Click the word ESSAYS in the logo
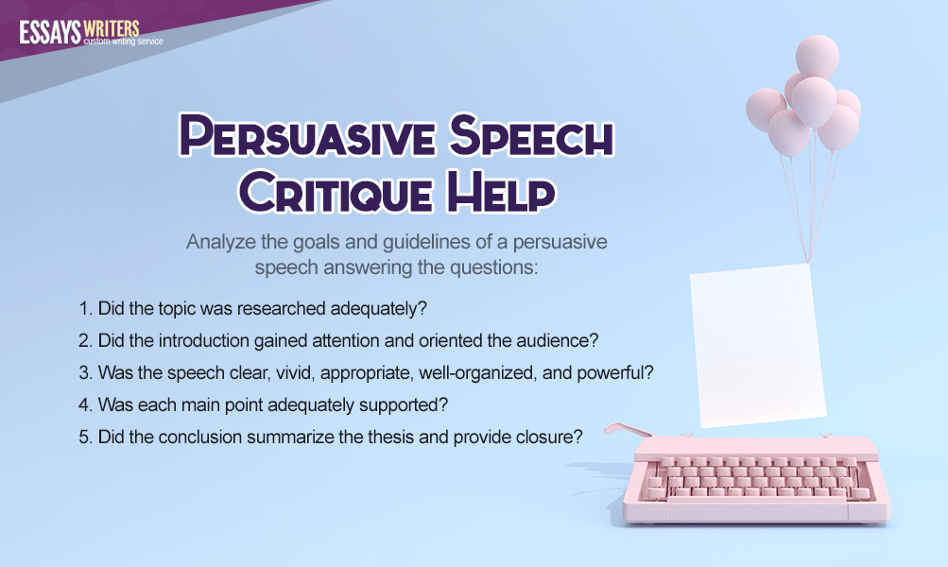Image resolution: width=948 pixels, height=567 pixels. tap(49, 32)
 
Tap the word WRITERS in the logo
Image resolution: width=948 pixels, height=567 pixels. tap(112, 28)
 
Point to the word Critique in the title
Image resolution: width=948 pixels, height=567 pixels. tap(335, 191)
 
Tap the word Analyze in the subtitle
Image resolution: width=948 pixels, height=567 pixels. tap(220, 243)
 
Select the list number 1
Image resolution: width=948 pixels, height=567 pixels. tap(85, 309)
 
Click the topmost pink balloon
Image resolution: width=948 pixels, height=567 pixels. tap(817, 56)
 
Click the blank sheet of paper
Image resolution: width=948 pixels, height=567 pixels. tap(758, 346)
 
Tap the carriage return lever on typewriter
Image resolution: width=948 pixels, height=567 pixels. tap(627, 429)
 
